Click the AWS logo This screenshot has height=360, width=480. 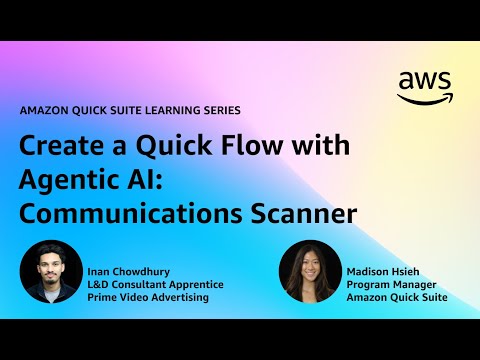424,87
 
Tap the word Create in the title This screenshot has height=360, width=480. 61,147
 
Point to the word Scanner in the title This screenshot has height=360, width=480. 306,214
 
